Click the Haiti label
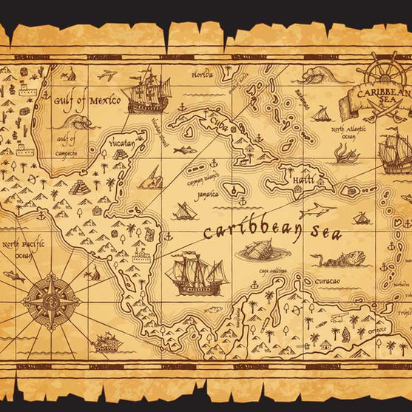point(302,180)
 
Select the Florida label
point(202,75)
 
